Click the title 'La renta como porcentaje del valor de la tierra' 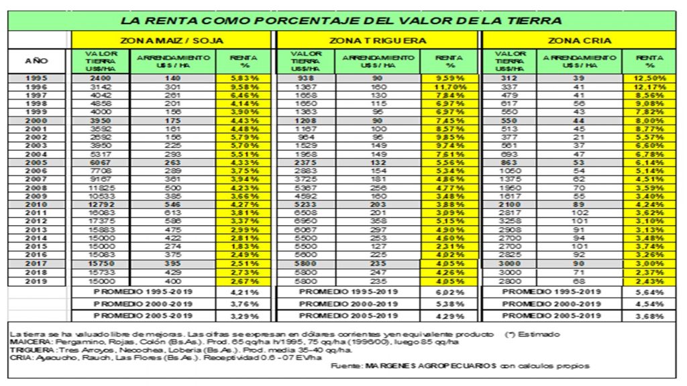(341, 20)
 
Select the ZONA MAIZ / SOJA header (172, 40)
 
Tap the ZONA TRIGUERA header (378, 40)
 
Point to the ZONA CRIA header (578, 40)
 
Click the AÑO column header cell (36, 61)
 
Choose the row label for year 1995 (36, 78)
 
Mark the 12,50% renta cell (649, 78)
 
